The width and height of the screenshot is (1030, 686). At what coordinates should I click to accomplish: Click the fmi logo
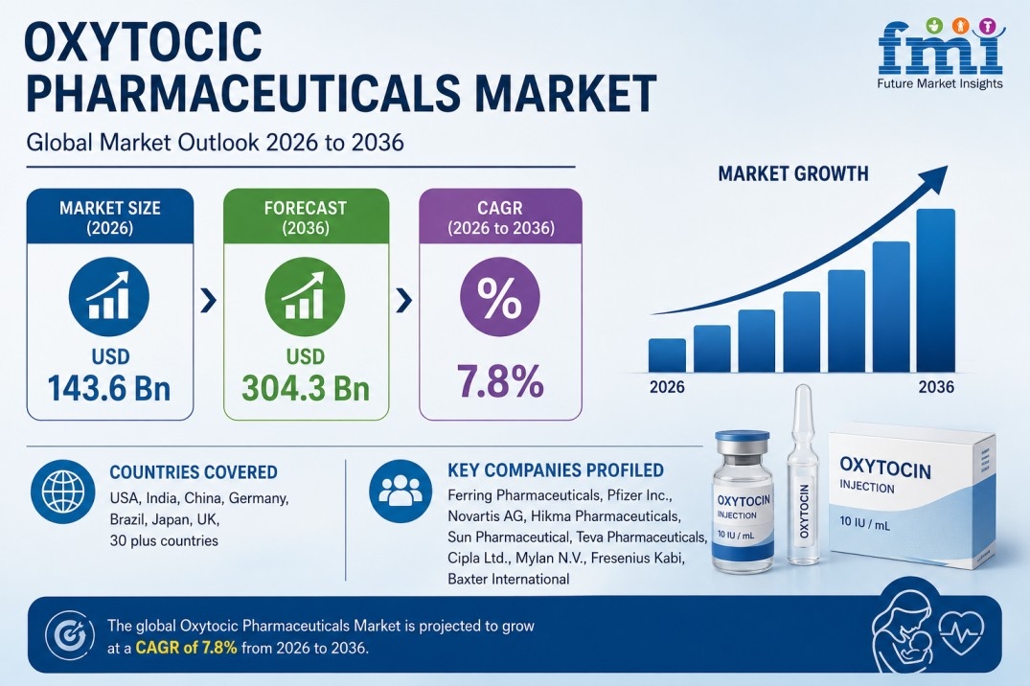click(x=940, y=53)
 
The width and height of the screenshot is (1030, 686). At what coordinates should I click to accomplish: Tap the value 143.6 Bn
click(x=109, y=388)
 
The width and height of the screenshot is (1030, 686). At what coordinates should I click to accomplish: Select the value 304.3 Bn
click(x=306, y=388)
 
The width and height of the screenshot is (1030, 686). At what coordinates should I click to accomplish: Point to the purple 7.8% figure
click(x=500, y=381)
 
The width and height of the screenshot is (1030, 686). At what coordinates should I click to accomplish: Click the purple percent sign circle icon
click(x=500, y=297)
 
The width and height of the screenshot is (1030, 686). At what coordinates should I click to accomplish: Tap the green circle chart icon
click(x=305, y=297)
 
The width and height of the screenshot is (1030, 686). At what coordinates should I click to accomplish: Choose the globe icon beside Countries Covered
click(x=63, y=491)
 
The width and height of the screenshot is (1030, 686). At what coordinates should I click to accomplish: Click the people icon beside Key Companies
click(x=401, y=491)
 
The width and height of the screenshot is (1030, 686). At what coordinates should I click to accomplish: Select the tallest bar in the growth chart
click(x=935, y=290)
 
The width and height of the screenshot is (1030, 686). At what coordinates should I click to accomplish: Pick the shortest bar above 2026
click(x=667, y=355)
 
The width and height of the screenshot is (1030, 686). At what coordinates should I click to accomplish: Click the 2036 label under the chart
click(x=936, y=387)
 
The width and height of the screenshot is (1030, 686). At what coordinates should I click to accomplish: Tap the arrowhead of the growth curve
click(x=935, y=177)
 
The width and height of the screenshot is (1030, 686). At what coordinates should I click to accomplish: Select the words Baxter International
click(x=509, y=579)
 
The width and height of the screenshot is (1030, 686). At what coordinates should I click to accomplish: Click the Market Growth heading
click(x=793, y=173)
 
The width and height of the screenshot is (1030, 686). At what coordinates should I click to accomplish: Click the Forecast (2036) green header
click(x=306, y=217)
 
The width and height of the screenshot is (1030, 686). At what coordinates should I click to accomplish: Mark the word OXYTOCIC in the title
click(x=143, y=41)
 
